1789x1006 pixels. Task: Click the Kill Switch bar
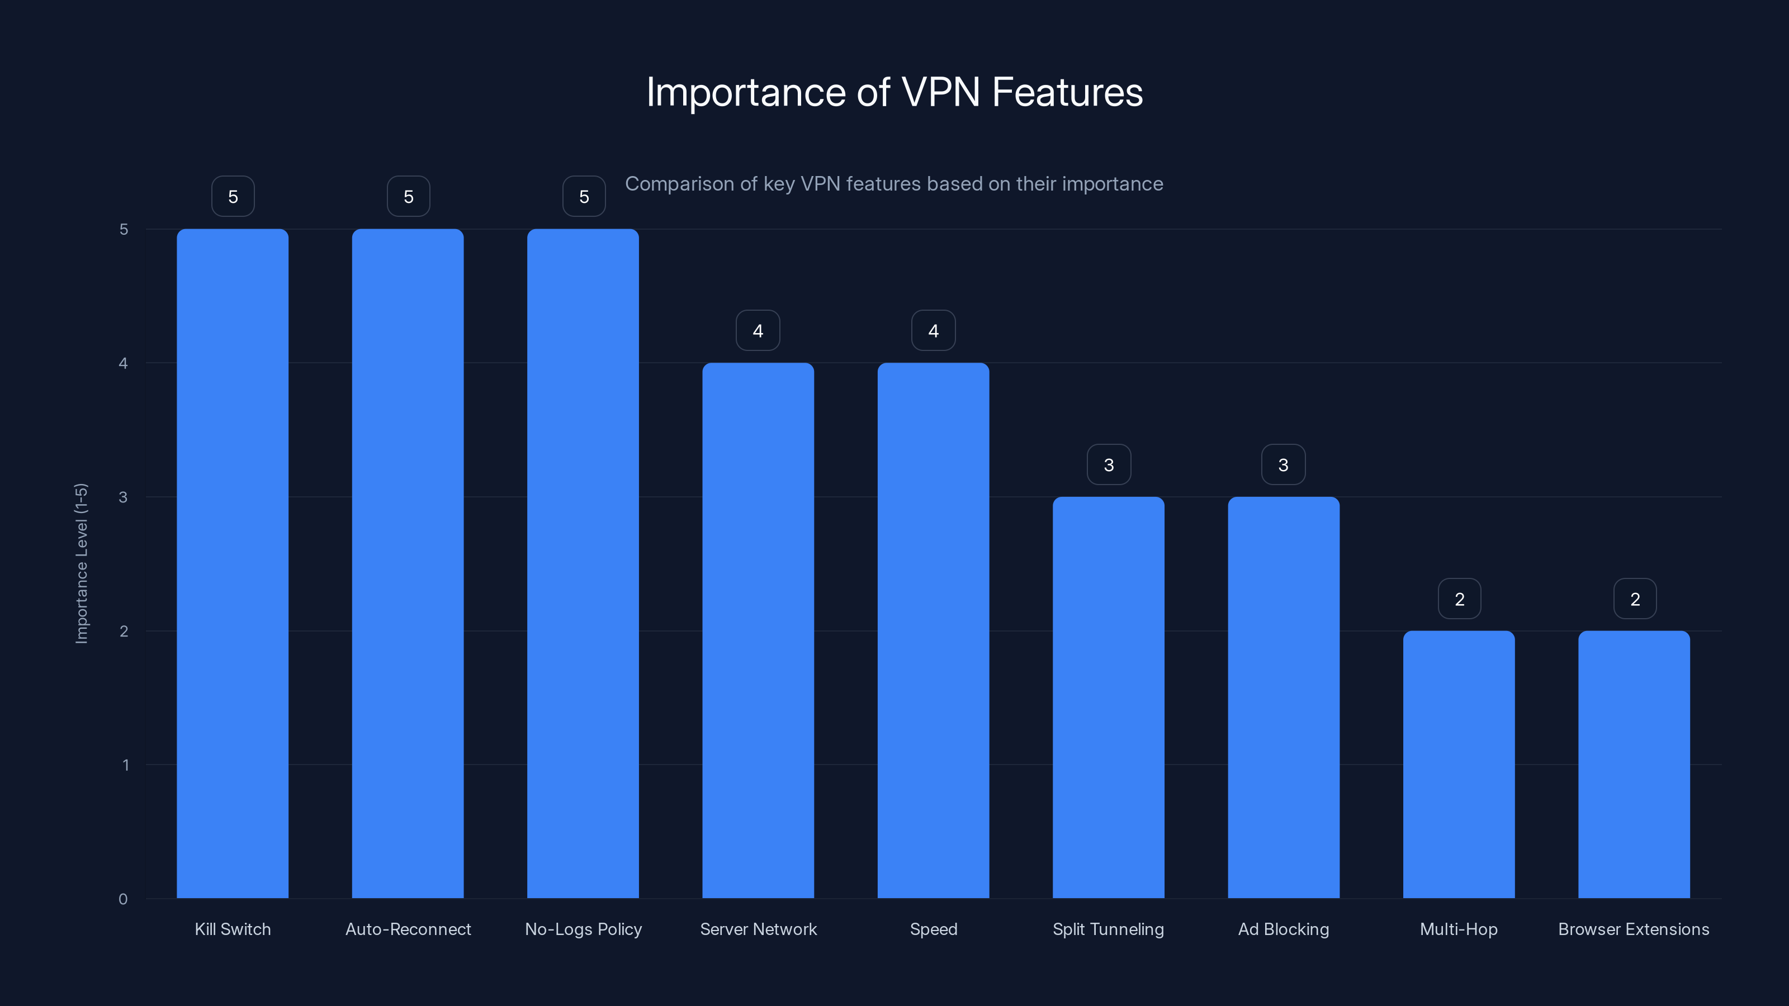click(233, 563)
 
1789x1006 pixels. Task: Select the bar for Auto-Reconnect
click(408, 563)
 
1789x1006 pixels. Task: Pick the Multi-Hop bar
click(1459, 763)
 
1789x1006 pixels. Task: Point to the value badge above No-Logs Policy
click(583, 197)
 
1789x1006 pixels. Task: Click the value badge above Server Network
click(758, 330)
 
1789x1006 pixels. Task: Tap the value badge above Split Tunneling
click(1109, 464)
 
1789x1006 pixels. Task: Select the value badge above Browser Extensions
click(1634, 599)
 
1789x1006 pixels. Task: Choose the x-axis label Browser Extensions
click(1634, 929)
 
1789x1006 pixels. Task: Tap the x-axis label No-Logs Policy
click(583, 929)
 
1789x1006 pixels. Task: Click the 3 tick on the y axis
click(123, 497)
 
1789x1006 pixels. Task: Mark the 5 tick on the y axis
click(124, 229)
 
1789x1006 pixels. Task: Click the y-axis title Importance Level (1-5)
click(81, 563)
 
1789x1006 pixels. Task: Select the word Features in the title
click(1067, 92)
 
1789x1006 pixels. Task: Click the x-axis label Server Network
click(758, 929)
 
